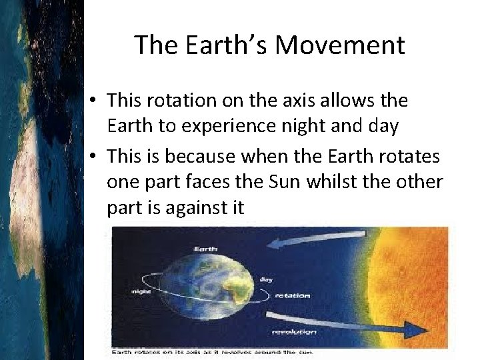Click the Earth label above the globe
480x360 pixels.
[x=205, y=249]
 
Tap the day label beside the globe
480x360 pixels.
[x=265, y=279]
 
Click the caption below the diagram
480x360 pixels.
[x=212, y=351]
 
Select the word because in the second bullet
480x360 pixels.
[x=201, y=155]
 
